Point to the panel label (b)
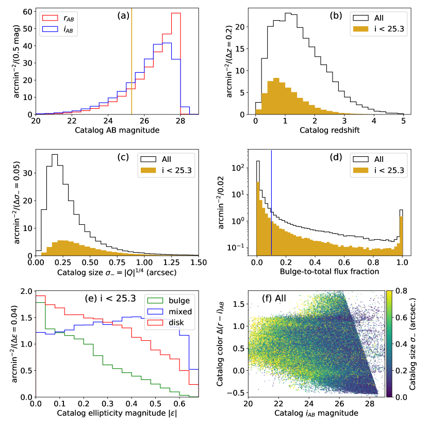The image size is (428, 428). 337,15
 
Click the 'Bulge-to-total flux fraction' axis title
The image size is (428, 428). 330,271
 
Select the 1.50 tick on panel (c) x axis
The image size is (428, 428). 198,262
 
